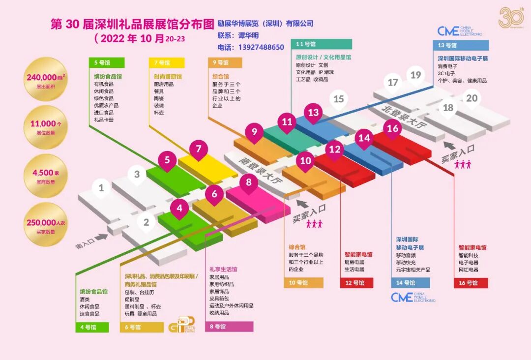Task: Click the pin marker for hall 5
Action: (x=167, y=160)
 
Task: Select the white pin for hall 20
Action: (x=472, y=98)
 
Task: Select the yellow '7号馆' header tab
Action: (x=167, y=63)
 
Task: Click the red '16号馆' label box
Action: (x=471, y=283)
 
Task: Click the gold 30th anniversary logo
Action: (x=511, y=18)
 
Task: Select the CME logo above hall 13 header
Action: (x=460, y=31)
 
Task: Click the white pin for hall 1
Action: (x=101, y=188)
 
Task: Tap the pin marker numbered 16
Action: (x=392, y=129)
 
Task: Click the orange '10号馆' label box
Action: (x=303, y=283)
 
